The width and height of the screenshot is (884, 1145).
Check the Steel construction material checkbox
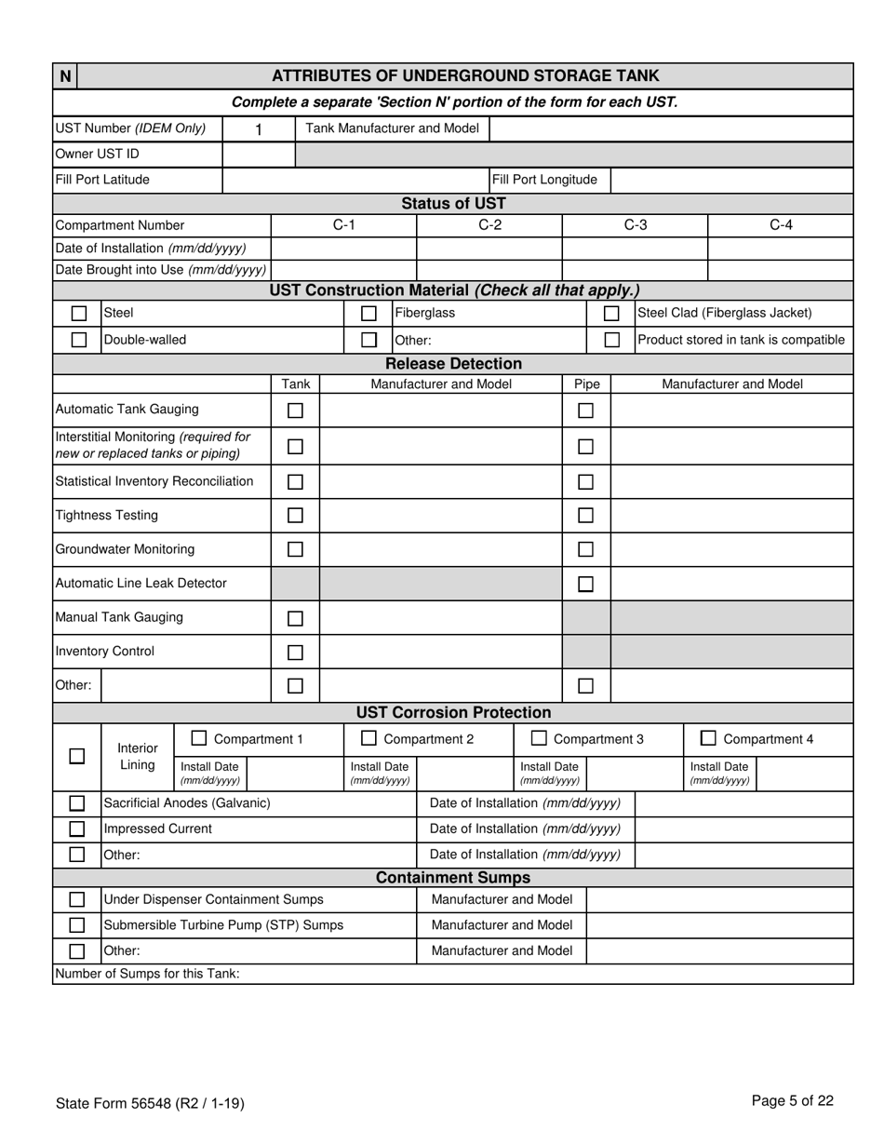pos(79,314)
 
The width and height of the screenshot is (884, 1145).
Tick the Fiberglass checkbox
pos(368,314)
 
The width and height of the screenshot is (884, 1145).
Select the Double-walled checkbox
pos(79,340)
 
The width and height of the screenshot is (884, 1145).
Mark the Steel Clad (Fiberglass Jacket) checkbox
pos(611,314)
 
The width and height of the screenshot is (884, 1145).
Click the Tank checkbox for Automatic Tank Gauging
pos(295,410)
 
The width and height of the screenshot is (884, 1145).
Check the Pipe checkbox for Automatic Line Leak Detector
pos(585,584)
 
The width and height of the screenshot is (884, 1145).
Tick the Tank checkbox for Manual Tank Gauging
pos(295,618)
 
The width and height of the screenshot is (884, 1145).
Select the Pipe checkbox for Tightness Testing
pos(585,515)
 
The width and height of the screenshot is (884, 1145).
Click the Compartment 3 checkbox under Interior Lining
pos(539,738)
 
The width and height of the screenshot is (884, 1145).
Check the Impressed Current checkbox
pos(77,828)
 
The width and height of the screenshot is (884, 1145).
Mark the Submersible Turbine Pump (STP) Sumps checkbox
pos(77,925)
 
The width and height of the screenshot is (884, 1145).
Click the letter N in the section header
pos(65,76)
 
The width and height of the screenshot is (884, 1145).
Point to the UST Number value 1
pos(259,129)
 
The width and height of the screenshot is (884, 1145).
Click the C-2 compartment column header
pos(489,224)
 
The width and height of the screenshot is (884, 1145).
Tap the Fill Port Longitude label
pos(544,180)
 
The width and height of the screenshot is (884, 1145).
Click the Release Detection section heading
pos(453,364)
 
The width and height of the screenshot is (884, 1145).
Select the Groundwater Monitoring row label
pos(126,549)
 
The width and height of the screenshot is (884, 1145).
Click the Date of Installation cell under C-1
pos(343,249)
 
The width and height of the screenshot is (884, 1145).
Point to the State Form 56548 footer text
pos(150,1103)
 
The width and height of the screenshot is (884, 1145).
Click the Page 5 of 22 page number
pos(792,1101)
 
